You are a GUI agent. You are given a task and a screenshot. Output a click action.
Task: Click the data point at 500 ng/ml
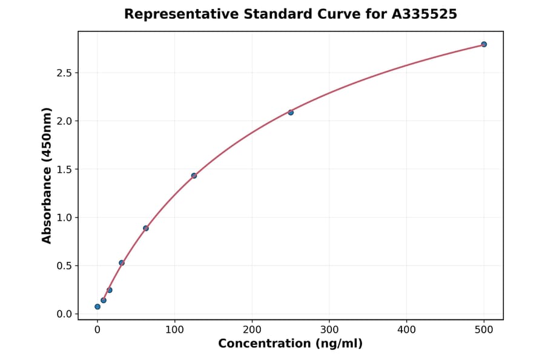coord(484,44)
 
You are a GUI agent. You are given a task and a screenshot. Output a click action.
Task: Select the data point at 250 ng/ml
coord(291,112)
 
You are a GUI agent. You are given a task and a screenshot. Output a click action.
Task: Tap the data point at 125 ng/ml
coord(194,176)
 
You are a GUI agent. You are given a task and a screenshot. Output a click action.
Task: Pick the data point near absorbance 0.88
coord(146,228)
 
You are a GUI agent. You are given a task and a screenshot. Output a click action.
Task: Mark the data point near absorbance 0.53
coord(122,263)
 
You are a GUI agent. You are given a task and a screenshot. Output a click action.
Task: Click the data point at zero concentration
coord(97,307)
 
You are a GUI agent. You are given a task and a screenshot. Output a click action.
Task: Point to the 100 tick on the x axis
coord(175,330)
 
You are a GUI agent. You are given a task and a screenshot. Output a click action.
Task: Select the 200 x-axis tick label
coord(252,330)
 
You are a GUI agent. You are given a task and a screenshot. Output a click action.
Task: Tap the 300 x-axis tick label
coord(329,330)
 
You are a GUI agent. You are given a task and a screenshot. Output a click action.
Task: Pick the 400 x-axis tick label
coord(407,330)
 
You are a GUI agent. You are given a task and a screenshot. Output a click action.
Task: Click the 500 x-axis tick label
coord(484,330)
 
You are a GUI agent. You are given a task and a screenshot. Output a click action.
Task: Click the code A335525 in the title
coord(424,14)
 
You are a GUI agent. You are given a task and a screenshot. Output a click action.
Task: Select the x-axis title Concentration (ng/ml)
coord(291,344)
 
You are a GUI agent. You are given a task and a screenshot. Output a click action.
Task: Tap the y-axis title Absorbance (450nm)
coord(47,176)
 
